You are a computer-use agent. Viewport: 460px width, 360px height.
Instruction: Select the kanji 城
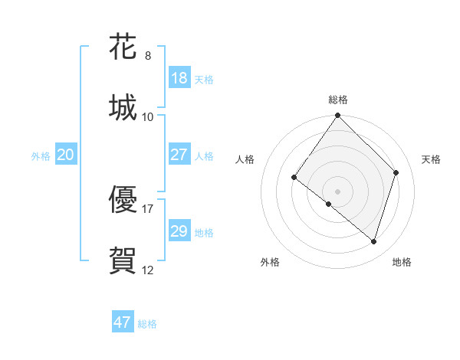[x=123, y=106]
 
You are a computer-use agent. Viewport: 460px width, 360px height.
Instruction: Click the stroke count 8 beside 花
[x=148, y=56]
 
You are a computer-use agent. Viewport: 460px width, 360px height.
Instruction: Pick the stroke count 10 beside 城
[x=148, y=116]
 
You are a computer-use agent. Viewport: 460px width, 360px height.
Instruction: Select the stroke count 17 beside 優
[x=148, y=208]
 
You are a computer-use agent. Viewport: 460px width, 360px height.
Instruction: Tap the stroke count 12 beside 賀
[x=148, y=270]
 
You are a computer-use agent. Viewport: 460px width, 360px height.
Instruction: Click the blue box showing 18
[x=179, y=78]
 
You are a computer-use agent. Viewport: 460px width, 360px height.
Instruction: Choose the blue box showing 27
[x=179, y=155]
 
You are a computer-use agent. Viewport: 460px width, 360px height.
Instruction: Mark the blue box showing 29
[x=179, y=231]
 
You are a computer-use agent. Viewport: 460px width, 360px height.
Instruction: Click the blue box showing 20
[x=65, y=155]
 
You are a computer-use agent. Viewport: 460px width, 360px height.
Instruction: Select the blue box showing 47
[x=123, y=322]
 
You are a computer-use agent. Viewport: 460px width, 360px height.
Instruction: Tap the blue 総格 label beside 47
[x=147, y=324]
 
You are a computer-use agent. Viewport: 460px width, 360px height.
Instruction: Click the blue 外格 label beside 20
[x=41, y=156]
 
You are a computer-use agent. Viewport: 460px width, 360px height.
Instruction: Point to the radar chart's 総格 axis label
[x=338, y=100]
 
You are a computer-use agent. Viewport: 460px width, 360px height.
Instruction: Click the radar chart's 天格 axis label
[x=432, y=159]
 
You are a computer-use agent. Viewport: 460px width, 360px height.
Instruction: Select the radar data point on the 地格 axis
[x=374, y=242]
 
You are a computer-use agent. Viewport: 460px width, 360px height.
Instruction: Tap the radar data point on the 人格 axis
[x=294, y=177]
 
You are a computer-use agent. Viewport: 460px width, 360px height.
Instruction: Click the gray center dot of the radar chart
[x=338, y=191]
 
